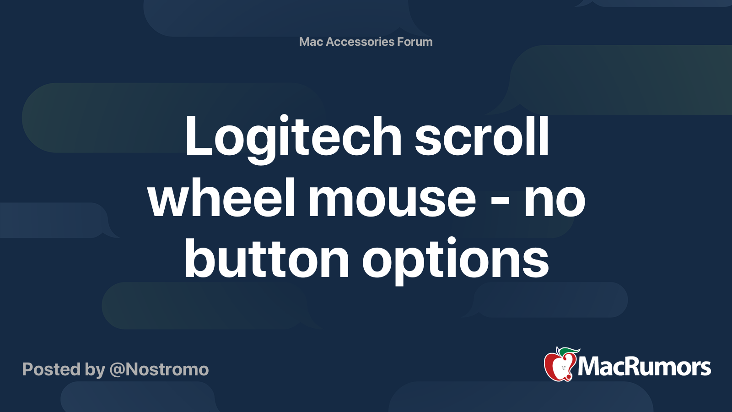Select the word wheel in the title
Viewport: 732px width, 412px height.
tap(221, 199)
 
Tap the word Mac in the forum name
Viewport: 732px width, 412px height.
tap(311, 42)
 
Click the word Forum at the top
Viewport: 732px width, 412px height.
tap(415, 42)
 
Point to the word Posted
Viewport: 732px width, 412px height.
tap(51, 369)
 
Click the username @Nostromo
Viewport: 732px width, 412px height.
tap(159, 369)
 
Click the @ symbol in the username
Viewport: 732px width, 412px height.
tap(117, 370)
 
